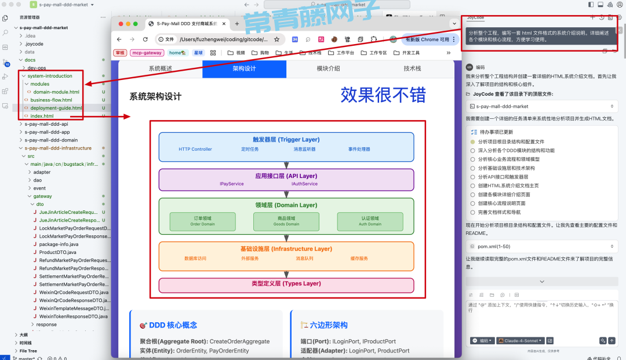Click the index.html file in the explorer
point(42,116)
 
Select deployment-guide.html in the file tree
point(56,108)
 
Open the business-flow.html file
point(51,100)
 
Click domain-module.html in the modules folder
point(56,92)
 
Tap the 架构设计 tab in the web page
point(244,68)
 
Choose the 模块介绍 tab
point(328,68)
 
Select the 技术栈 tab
point(412,68)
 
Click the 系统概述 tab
point(161,68)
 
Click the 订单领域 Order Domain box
point(203,221)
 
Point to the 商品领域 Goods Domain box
point(286,221)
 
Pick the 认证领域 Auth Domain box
point(370,221)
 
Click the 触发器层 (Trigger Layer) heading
point(286,140)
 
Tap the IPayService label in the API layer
point(231,184)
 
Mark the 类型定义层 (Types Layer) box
point(286,284)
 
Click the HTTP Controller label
point(195,149)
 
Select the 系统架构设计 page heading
point(155,97)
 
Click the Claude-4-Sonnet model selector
point(519,341)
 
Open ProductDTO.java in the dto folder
point(57,252)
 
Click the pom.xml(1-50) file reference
point(490,246)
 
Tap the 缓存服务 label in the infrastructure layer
point(359,258)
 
